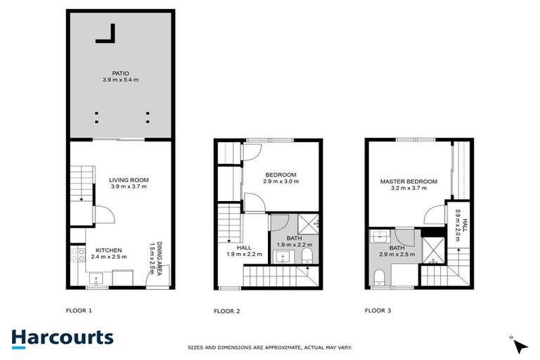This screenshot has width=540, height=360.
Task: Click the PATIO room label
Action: pyautogui.click(x=120, y=72)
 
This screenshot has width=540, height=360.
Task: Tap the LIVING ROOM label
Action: pyautogui.click(x=129, y=180)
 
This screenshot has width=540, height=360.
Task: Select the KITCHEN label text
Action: pyautogui.click(x=110, y=250)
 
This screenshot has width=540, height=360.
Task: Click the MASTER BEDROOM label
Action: pyautogui.click(x=409, y=181)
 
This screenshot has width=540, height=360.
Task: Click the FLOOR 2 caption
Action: pyautogui.click(x=226, y=310)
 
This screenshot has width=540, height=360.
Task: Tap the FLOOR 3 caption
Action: pyautogui.click(x=378, y=309)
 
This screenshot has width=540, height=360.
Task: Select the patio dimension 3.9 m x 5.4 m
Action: pyautogui.click(x=120, y=80)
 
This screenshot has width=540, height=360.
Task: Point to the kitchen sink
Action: pyautogui.click(x=95, y=281)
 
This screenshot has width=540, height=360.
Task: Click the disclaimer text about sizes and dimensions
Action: pyautogui.click(x=270, y=347)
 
